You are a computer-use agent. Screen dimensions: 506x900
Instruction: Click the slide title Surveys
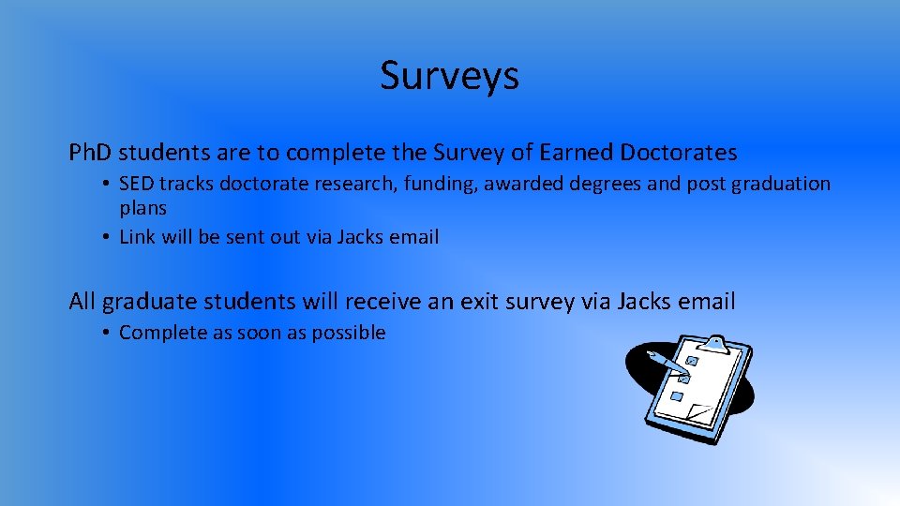click(449, 76)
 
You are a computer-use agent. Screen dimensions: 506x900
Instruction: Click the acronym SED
click(137, 184)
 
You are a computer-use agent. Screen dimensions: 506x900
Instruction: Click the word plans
click(142, 208)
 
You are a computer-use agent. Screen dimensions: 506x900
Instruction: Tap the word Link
click(138, 237)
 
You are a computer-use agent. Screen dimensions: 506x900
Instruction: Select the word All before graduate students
click(82, 302)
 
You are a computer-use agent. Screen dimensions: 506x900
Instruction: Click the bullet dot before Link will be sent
click(108, 237)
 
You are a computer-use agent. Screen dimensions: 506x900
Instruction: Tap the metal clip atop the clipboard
click(715, 344)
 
